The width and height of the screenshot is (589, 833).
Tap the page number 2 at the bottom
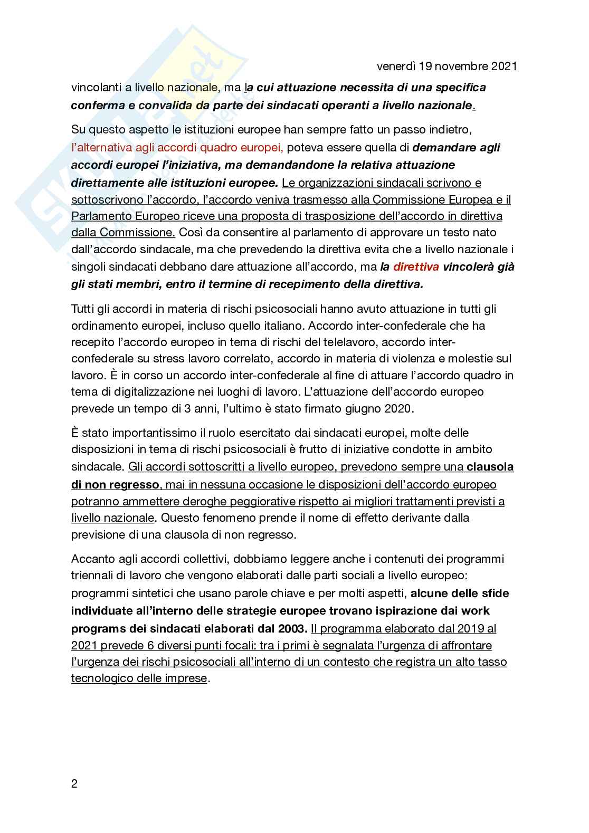(x=74, y=784)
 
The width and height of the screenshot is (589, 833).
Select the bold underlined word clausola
(x=490, y=467)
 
